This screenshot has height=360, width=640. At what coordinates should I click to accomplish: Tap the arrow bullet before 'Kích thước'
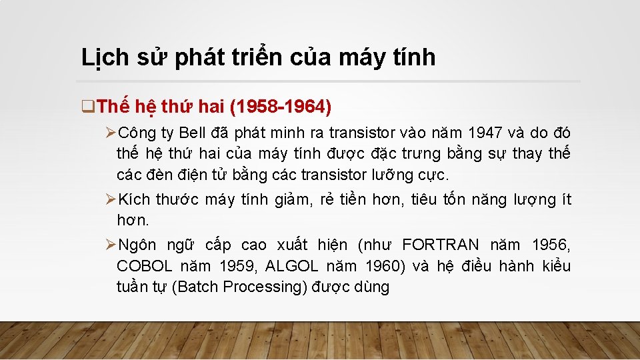click(x=111, y=199)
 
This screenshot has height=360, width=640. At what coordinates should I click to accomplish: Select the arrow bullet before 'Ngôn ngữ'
click(x=111, y=245)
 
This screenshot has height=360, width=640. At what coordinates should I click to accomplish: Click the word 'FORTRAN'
click(x=440, y=245)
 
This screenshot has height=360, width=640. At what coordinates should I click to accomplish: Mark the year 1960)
click(x=386, y=267)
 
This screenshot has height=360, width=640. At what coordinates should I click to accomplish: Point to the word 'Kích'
click(x=135, y=199)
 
